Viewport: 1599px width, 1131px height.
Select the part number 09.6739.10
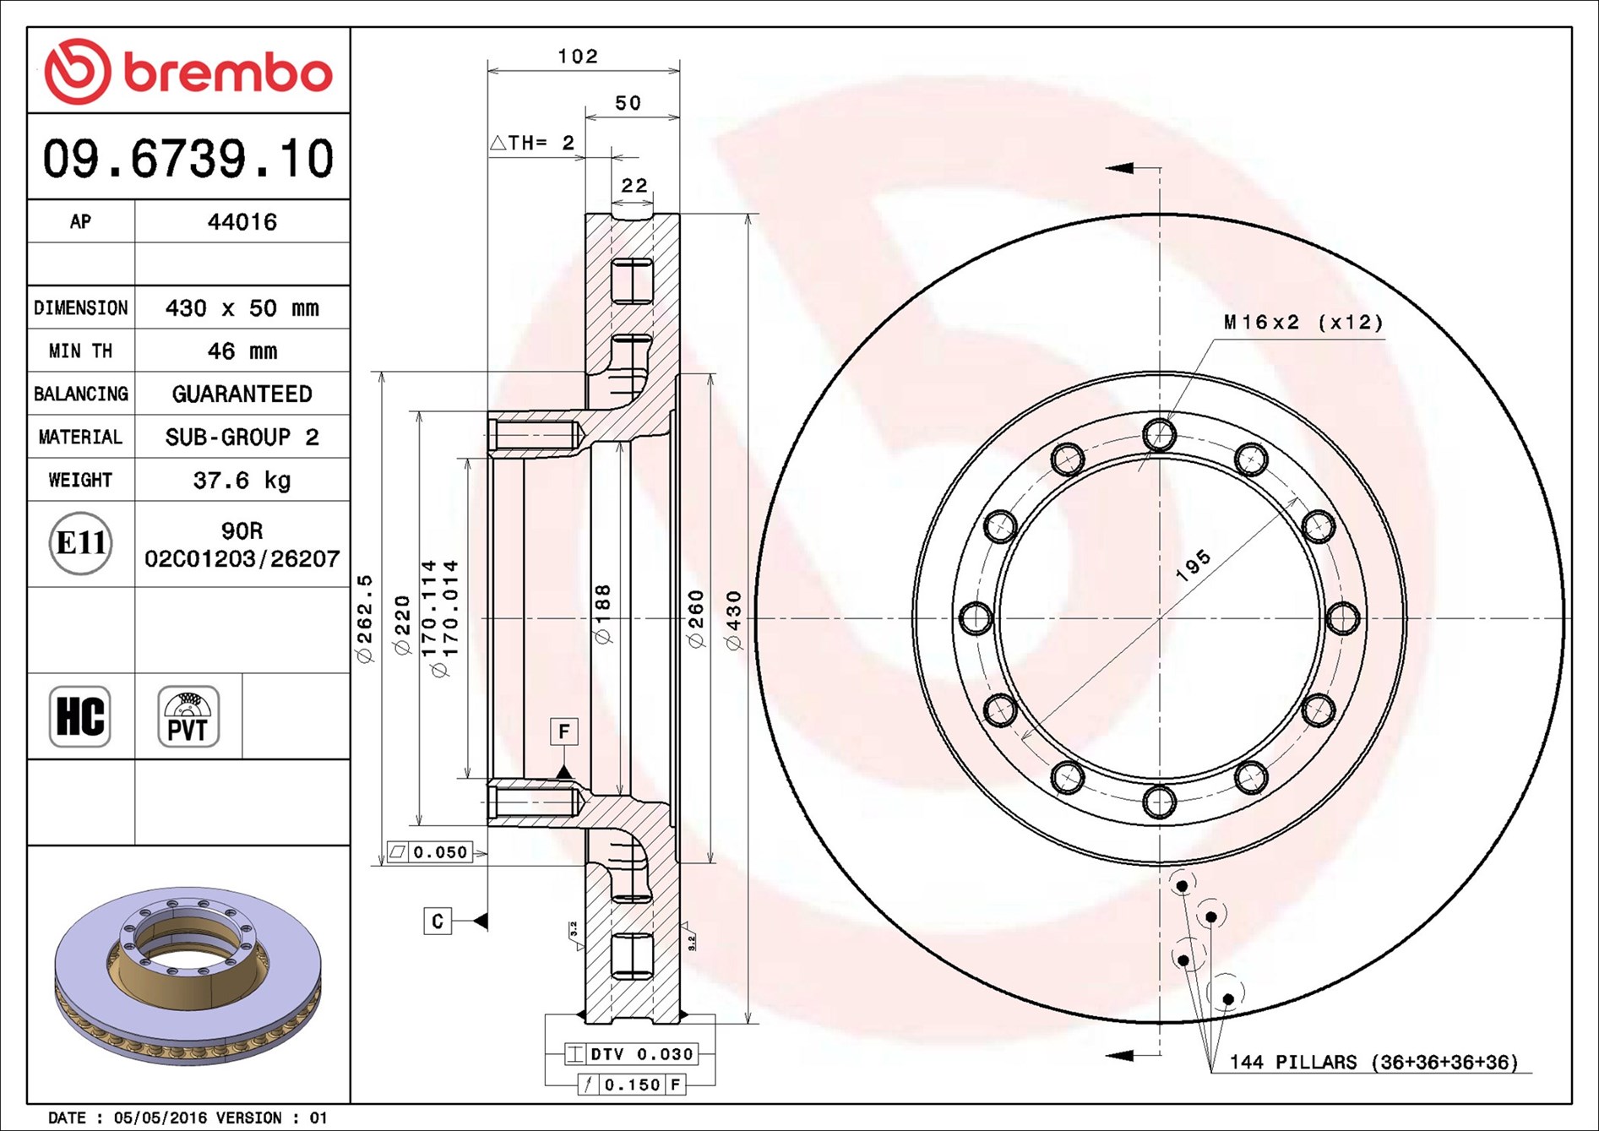click(188, 158)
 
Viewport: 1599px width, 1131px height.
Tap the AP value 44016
click(242, 221)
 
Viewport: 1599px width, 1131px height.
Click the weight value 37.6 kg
click(242, 480)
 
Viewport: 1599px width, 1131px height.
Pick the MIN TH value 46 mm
click(242, 351)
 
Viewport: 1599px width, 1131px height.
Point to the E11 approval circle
click(80, 543)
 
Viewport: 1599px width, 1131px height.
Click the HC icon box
click(80, 716)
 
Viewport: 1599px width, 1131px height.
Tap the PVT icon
click(188, 716)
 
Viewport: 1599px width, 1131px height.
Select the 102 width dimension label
click(578, 56)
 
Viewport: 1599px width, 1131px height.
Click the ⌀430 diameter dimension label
click(734, 620)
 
